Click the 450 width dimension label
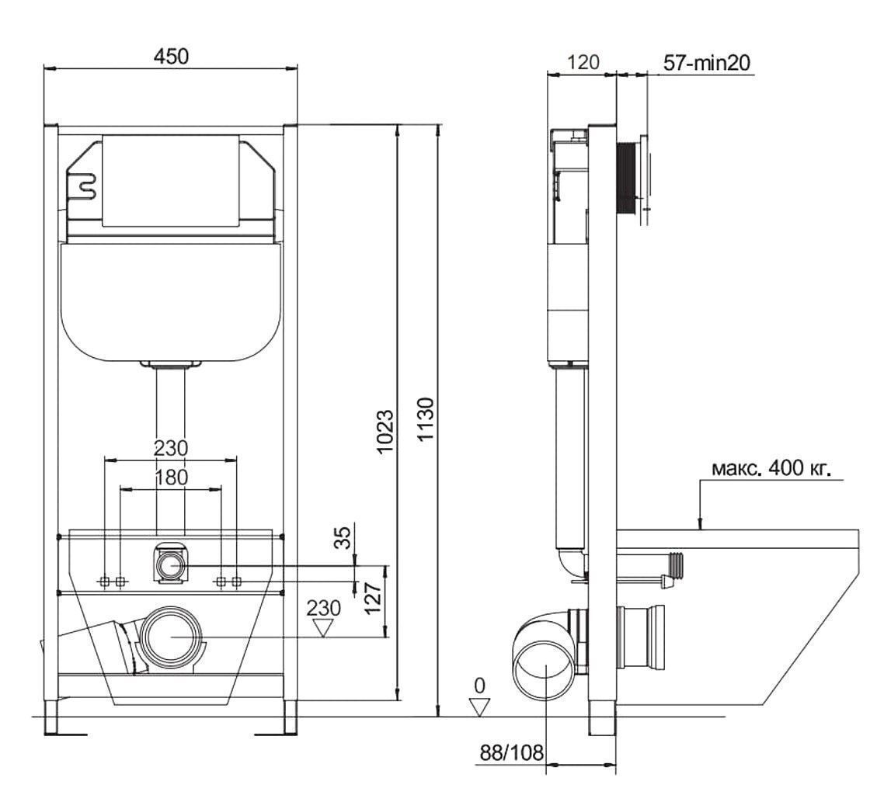pos(172,57)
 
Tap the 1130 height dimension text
pos(426,419)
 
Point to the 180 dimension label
pos(172,477)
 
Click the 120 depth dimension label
pos(583,62)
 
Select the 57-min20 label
pos(707,63)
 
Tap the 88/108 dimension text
pos(512,752)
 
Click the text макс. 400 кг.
pos(771,469)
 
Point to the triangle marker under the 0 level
pos(480,707)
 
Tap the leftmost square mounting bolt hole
pos(105,582)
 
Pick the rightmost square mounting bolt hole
pos(237,582)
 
